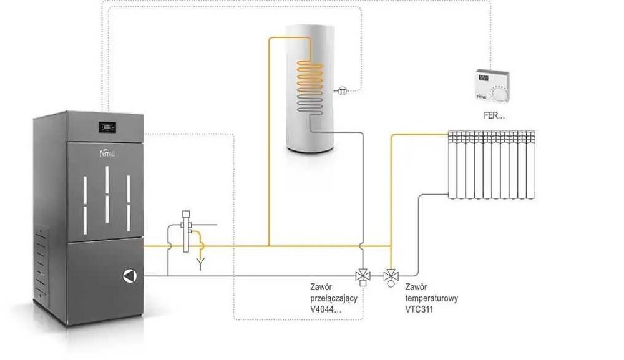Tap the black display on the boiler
[109, 128]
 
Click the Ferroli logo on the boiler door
[108, 153]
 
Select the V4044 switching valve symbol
[362, 275]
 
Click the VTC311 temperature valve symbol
[391, 275]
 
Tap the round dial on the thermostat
[500, 94]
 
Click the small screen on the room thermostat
[484, 79]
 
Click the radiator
[492, 165]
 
